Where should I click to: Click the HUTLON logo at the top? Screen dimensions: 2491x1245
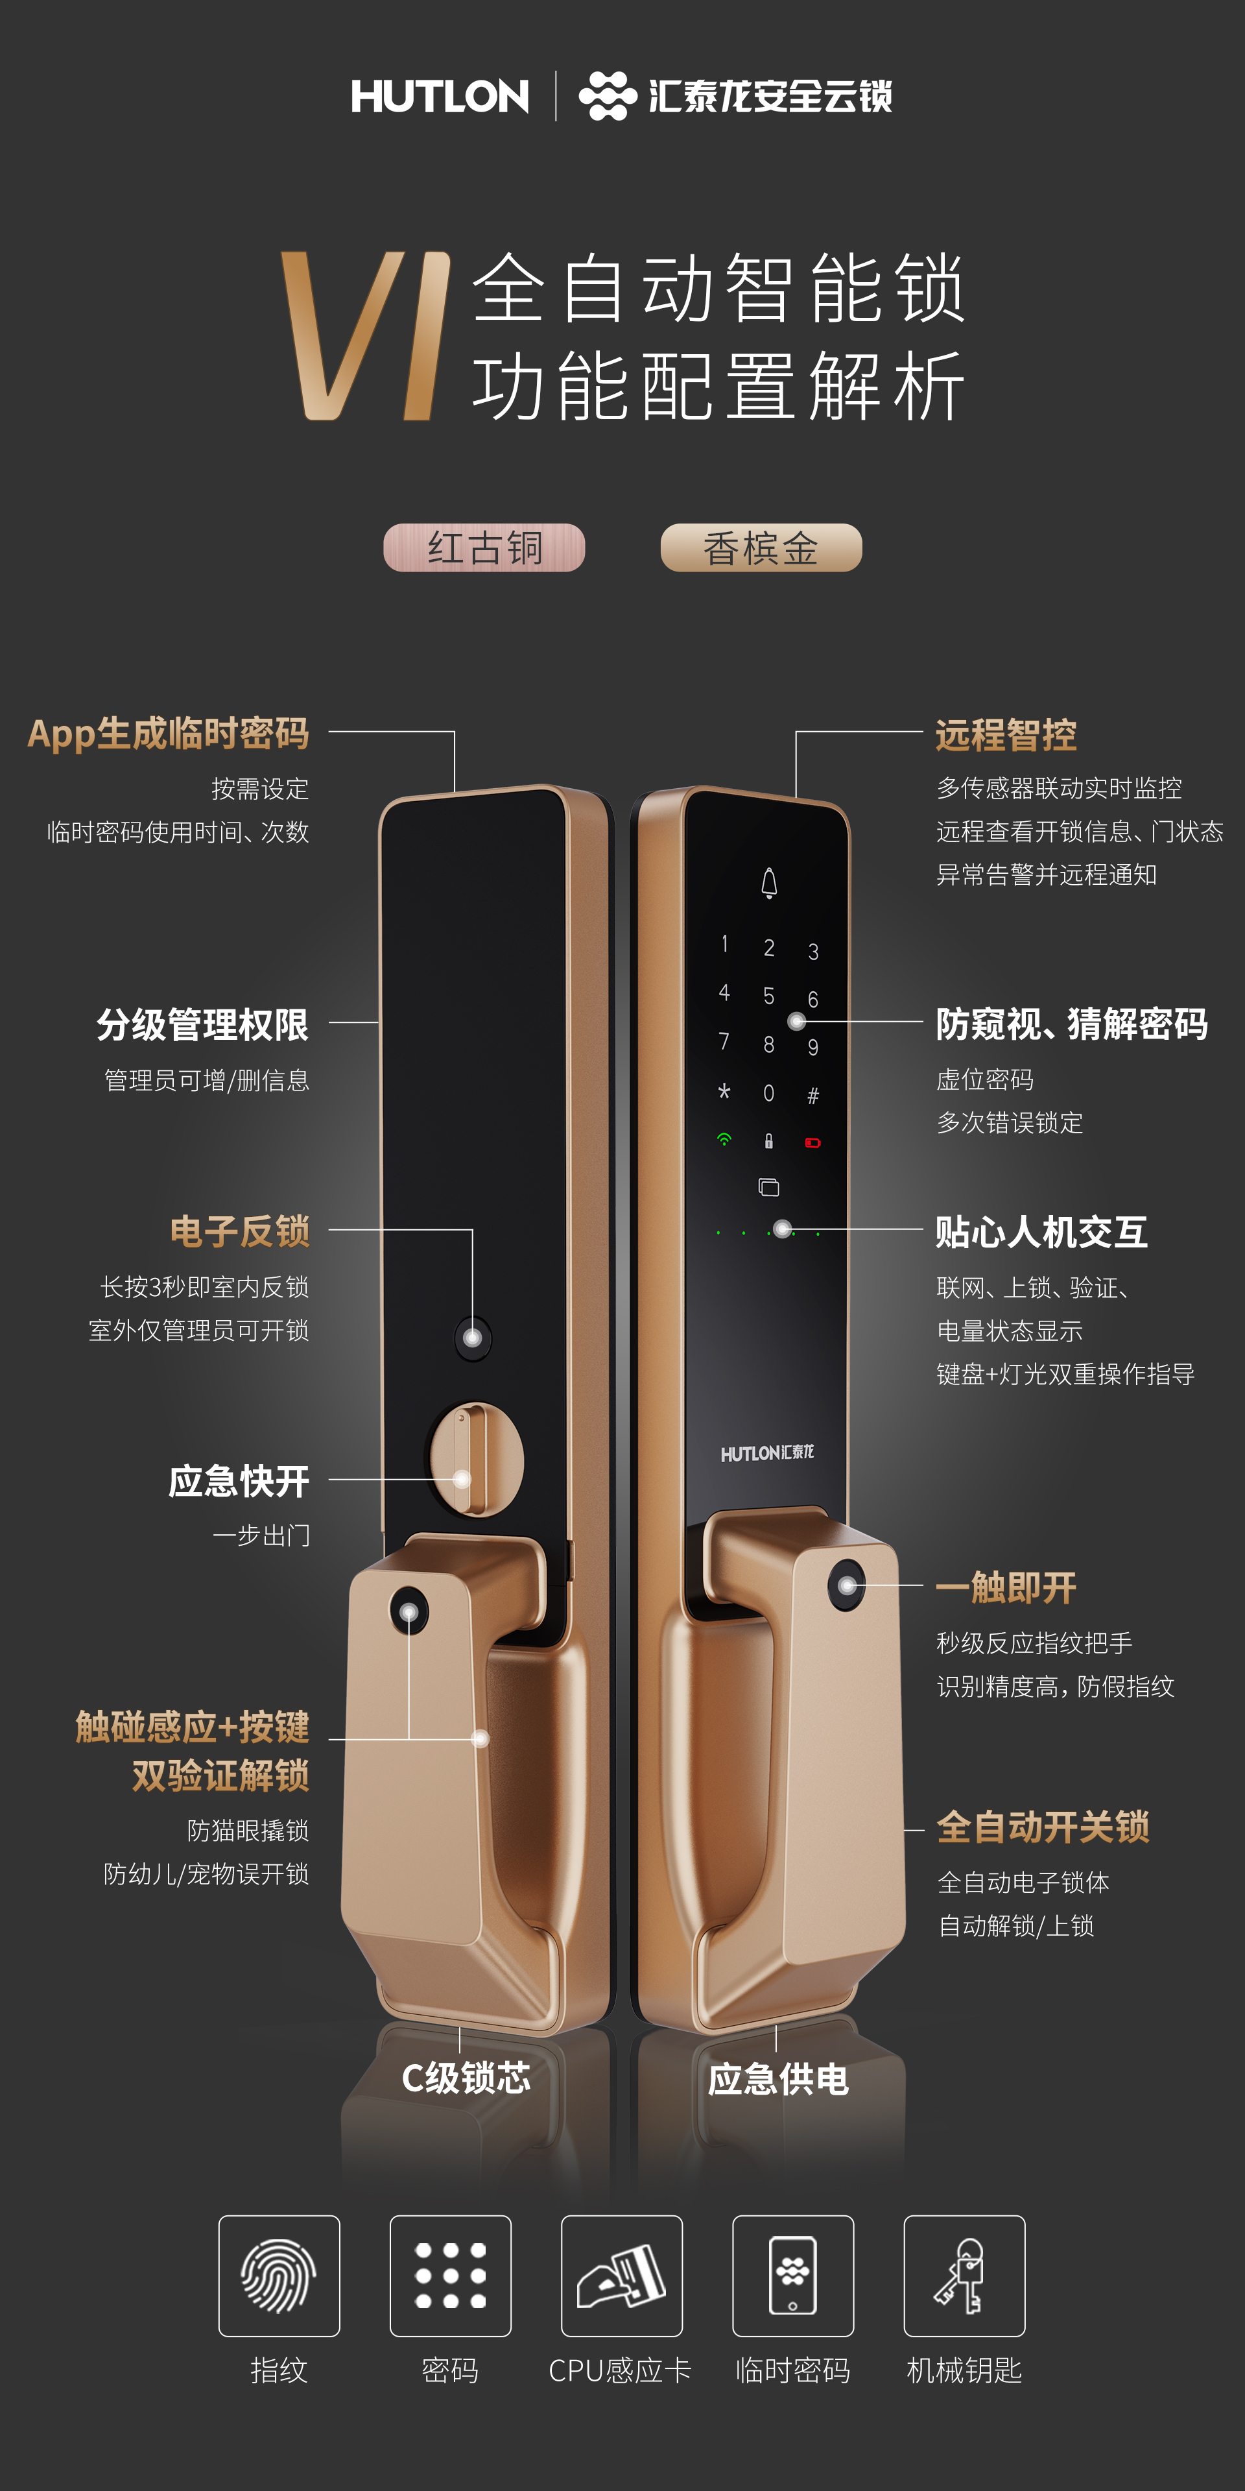pyautogui.click(x=440, y=96)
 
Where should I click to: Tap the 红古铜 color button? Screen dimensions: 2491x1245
pyautogui.click(x=484, y=548)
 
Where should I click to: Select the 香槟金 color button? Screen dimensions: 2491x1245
pyautogui.click(x=761, y=548)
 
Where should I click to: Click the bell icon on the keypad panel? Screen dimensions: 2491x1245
pyautogui.click(x=770, y=883)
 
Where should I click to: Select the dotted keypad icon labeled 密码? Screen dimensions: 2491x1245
pyautogui.click(x=451, y=2276)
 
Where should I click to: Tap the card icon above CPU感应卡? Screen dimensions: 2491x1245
pyautogui.click(x=622, y=2276)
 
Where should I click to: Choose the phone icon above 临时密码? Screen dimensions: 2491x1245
pyautogui.click(x=792, y=2276)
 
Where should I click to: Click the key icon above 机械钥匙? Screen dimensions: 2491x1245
pyautogui.click(x=964, y=2276)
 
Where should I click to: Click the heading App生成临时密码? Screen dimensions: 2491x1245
pyautogui.click(x=168, y=733)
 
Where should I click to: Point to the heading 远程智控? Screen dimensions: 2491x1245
pyautogui.click(x=1005, y=735)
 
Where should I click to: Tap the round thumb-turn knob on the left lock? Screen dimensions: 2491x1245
pyautogui.click(x=475, y=1459)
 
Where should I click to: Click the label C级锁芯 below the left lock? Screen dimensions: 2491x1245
pyautogui.click(x=466, y=2077)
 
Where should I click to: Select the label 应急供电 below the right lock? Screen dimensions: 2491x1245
pyautogui.click(x=778, y=2079)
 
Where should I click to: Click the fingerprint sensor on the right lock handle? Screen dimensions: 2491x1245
pyautogui.click(x=847, y=1586)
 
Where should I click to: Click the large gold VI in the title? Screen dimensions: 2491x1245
pyautogui.click(x=365, y=335)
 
